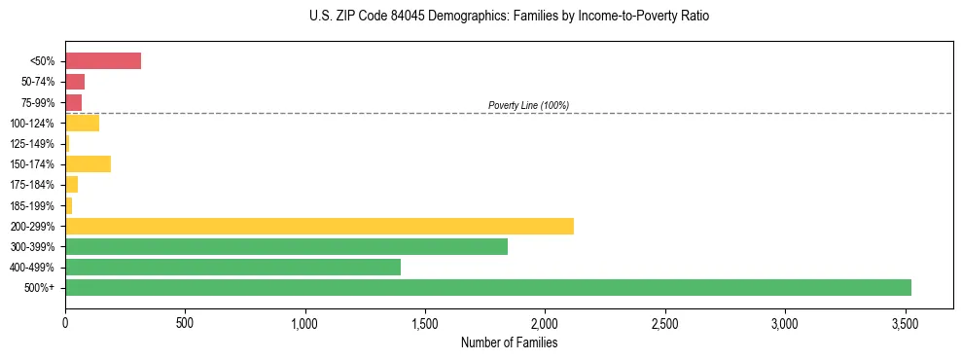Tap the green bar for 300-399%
tap(286, 246)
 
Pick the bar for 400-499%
tap(232, 267)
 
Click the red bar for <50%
tap(103, 61)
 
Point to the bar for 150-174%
tap(88, 163)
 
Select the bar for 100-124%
tap(82, 123)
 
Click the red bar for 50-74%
tap(75, 82)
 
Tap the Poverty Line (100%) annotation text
tap(528, 105)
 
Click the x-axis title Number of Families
tap(509, 342)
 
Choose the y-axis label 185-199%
tap(33, 205)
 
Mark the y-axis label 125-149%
tap(33, 144)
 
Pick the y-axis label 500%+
tap(40, 288)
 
